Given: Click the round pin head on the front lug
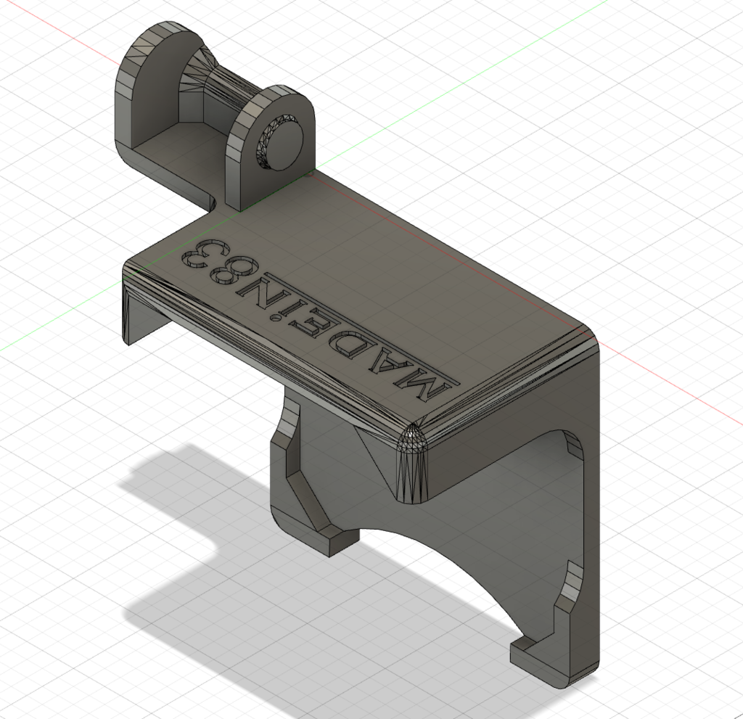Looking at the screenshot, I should pyautogui.click(x=284, y=139).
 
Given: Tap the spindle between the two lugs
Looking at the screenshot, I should pyautogui.click(x=218, y=87).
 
